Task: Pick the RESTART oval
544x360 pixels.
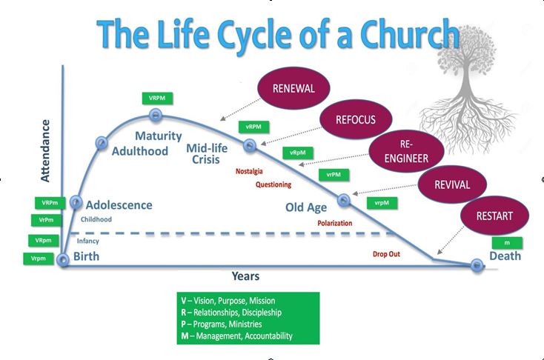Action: click(x=494, y=216)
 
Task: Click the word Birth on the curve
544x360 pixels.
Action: click(x=86, y=257)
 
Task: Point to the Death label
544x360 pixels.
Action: click(x=505, y=256)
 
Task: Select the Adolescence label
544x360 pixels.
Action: click(x=119, y=205)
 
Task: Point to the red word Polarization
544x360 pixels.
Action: click(x=334, y=222)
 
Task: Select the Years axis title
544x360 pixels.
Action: click(x=245, y=276)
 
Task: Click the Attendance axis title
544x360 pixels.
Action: click(x=46, y=153)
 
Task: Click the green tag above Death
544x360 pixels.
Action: click(x=507, y=242)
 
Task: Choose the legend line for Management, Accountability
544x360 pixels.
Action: click(x=236, y=336)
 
